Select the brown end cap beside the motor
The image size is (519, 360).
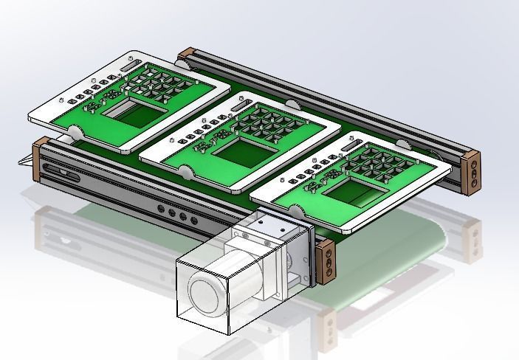[x=323, y=261]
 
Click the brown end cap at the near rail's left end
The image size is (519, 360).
[x=41, y=157]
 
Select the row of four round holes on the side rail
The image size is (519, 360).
[x=178, y=215]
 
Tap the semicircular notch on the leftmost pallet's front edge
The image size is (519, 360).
[x=75, y=132]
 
